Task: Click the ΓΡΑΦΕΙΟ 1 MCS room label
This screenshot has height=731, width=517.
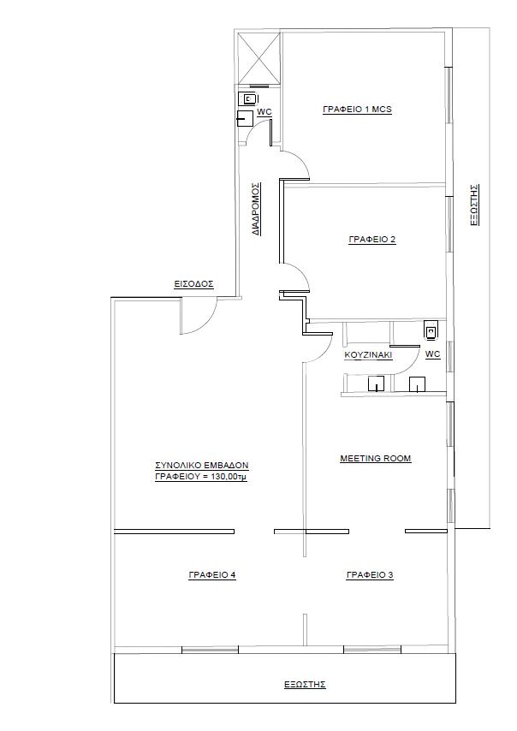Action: tap(357, 110)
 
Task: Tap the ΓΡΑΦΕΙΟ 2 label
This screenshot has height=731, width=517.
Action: tap(372, 240)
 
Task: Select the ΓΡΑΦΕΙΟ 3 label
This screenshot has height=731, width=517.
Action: tap(370, 575)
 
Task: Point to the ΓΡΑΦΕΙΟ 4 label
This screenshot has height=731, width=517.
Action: tap(212, 575)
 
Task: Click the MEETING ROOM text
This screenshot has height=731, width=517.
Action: tap(376, 458)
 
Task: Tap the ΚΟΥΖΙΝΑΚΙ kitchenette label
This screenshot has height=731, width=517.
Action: tap(368, 355)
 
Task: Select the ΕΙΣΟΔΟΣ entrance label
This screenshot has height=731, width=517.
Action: tap(194, 284)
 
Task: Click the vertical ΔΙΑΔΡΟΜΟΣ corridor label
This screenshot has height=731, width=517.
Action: tap(256, 208)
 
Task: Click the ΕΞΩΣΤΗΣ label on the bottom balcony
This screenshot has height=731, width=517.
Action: tap(305, 685)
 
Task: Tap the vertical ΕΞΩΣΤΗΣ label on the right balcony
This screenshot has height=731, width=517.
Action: tap(474, 205)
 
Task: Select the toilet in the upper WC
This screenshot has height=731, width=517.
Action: tap(247, 98)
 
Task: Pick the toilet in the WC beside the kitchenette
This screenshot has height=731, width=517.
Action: tap(431, 330)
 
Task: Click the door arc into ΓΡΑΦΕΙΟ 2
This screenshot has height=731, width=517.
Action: tap(300, 273)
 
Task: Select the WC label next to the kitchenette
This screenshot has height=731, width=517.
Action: tap(432, 354)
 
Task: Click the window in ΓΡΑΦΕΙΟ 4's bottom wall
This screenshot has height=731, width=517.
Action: tap(210, 650)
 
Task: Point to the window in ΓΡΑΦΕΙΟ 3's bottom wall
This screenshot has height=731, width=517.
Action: tap(372, 650)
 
